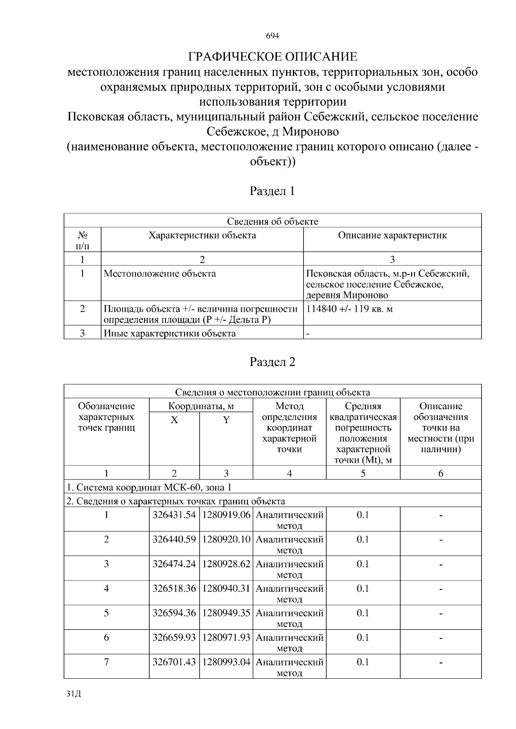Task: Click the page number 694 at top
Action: (273, 36)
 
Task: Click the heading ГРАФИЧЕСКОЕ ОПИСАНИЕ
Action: (273, 57)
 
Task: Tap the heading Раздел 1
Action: (273, 191)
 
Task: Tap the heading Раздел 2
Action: (273, 362)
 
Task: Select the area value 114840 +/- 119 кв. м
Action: (350, 309)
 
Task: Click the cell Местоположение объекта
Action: (160, 274)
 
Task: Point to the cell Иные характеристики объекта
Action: (169, 334)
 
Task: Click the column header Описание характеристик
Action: (392, 236)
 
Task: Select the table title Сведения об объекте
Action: (273, 222)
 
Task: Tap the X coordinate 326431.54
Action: (174, 515)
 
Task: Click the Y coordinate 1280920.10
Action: (226, 539)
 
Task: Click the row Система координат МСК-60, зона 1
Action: (149, 488)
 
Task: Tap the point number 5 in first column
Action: (106, 613)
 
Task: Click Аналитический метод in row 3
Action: (289, 569)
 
